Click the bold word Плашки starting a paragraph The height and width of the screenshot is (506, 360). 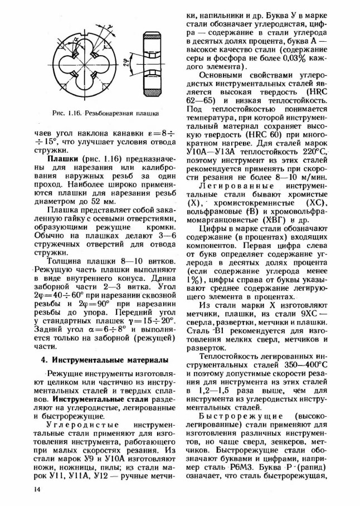tap(61, 159)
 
